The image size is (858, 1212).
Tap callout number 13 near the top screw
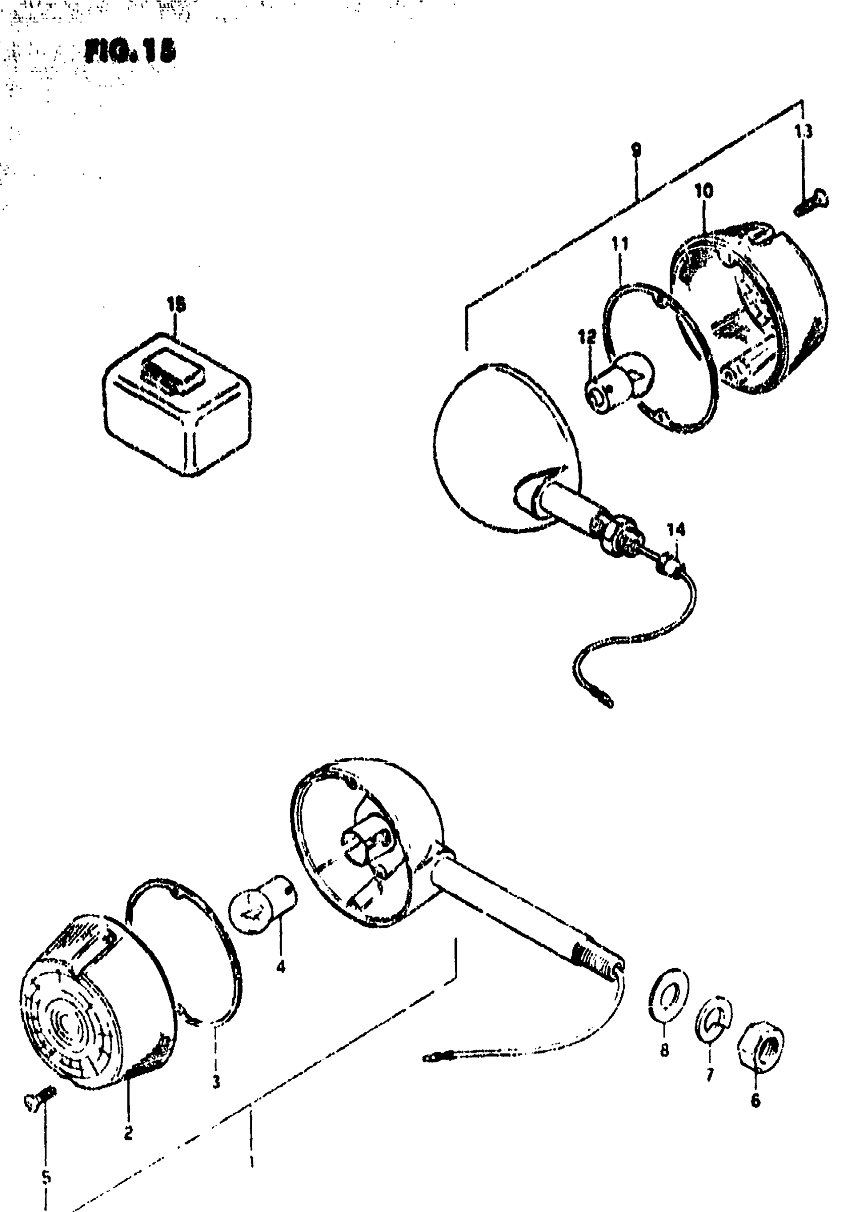click(x=803, y=132)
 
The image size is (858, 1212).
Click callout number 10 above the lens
click(x=703, y=191)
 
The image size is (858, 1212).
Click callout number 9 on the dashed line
click(x=636, y=150)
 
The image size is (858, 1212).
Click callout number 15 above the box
click(x=177, y=305)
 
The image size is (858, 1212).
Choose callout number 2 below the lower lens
click(x=128, y=1133)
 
